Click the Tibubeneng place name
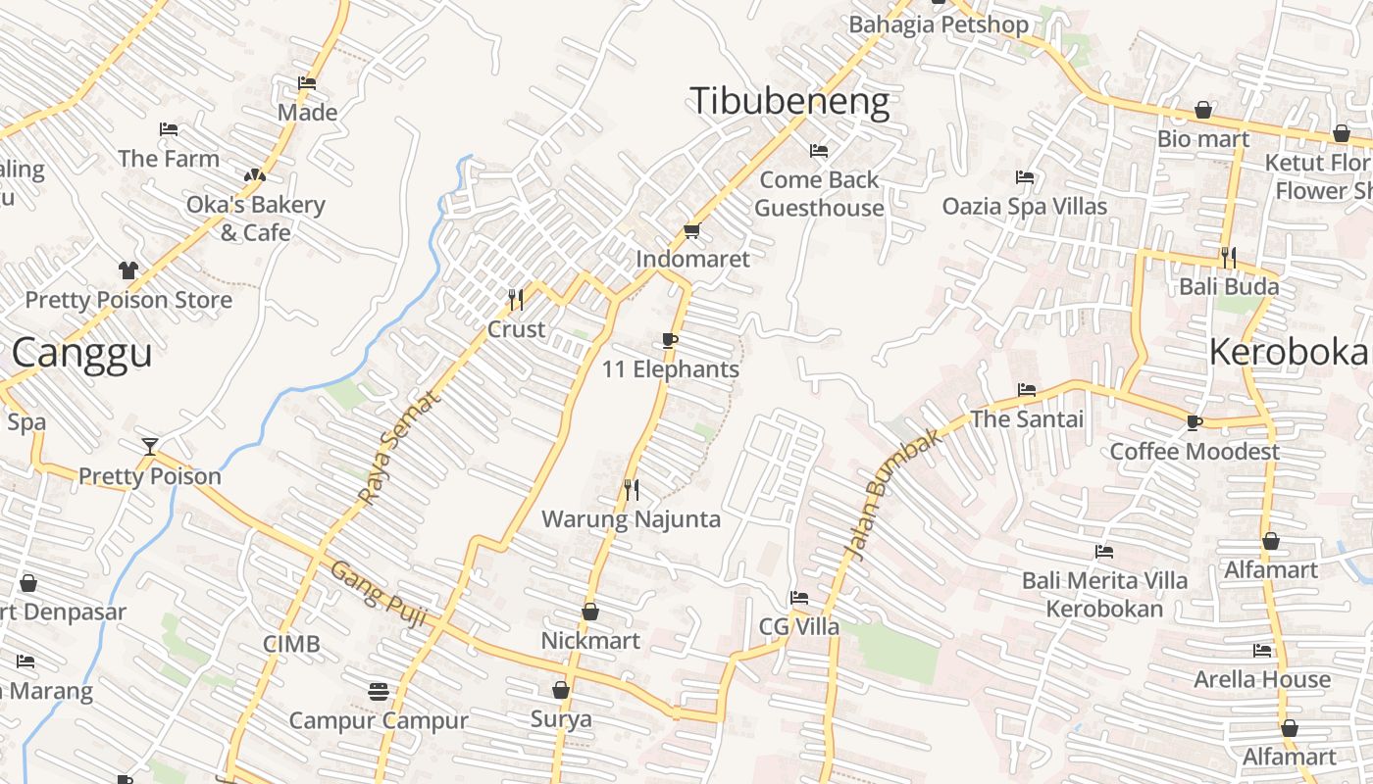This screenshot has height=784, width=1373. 789,102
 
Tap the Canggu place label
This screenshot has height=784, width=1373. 82,353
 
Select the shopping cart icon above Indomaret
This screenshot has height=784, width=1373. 691,231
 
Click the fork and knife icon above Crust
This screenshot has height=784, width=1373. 516,299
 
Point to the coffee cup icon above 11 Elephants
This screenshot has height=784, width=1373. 670,341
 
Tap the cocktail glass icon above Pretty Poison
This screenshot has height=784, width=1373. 149,447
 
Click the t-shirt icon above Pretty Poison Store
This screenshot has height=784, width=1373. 128,270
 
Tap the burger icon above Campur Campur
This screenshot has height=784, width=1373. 379,692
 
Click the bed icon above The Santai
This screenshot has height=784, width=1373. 1027,390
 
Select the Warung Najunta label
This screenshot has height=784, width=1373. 632,519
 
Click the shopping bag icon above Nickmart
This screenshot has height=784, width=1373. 590,612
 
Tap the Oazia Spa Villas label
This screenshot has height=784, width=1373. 1024,207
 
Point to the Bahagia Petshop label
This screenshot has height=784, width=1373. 939,24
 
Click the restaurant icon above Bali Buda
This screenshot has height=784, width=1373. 1228,258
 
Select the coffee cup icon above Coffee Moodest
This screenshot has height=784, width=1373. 1194,422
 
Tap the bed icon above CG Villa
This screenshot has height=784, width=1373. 799,598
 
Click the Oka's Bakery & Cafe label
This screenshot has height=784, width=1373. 255,219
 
